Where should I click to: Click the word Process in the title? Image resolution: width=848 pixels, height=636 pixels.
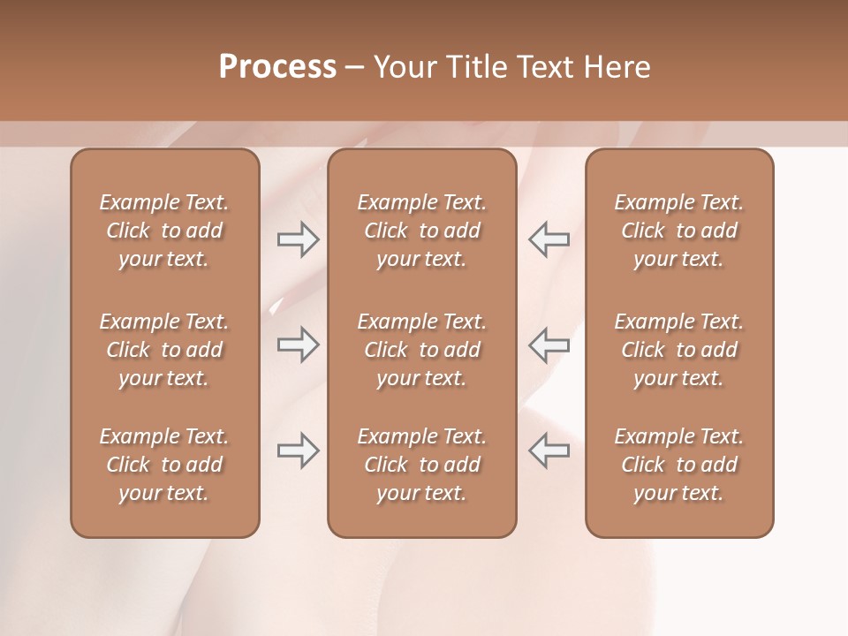277,67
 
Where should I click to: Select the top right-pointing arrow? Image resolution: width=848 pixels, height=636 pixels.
299,239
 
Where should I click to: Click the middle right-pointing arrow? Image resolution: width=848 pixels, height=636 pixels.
299,344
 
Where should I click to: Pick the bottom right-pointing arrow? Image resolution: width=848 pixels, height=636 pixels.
299,450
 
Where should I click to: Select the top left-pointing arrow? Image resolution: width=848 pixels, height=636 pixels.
549,239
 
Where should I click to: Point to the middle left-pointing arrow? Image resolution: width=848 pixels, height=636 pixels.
549,344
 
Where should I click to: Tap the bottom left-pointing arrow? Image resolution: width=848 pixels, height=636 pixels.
549,450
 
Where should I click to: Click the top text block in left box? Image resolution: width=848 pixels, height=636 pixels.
164,231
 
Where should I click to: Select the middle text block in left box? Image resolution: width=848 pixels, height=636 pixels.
164,350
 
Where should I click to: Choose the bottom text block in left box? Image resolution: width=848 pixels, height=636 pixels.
164,465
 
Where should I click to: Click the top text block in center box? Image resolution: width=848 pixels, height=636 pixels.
421,231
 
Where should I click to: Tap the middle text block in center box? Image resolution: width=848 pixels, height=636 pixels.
421,350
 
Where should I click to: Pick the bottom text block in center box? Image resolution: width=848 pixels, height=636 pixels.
421,465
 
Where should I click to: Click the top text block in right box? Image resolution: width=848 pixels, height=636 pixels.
678,231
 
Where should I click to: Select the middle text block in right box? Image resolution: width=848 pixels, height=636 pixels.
678,350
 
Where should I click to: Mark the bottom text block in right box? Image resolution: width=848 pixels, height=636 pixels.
678,465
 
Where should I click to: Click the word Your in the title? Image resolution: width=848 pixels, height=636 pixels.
403,67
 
